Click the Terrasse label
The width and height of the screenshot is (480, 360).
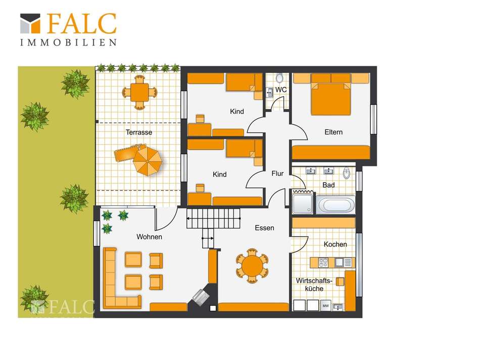coord(138,132)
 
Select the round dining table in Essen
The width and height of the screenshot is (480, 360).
coord(252,265)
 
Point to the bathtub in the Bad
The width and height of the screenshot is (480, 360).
coord(335,205)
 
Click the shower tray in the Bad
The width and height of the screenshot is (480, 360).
coord(303,203)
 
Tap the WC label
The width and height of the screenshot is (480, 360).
coord(281,90)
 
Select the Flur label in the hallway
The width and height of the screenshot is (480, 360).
coord(277,173)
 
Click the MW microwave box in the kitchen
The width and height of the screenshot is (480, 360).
coord(325,305)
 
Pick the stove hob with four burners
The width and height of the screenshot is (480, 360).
coord(323,262)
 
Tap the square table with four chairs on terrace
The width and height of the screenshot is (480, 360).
coord(139,92)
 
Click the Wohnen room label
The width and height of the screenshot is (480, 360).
coord(149,237)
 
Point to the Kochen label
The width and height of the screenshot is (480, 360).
coord(335,244)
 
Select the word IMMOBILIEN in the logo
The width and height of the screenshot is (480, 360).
coord(69,42)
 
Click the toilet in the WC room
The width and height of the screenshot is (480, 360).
coord(279,78)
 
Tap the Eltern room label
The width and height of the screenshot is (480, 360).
coord(333,132)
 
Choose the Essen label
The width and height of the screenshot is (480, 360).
coord(264,228)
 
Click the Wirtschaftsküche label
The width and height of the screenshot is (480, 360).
coord(314,285)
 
